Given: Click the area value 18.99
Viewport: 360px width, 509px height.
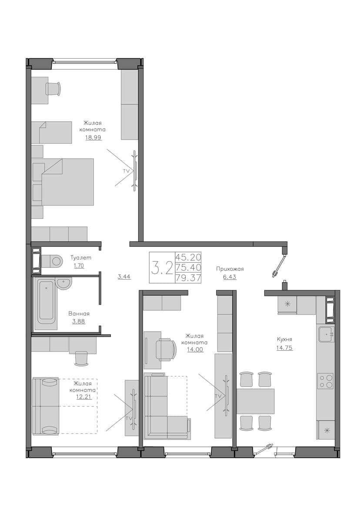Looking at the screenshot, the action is [x=93, y=137].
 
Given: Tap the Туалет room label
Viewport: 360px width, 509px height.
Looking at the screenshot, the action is [x=81, y=258].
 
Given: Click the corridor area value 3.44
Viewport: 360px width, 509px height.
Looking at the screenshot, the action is [x=124, y=277].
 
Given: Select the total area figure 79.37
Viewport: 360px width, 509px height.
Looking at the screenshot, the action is [x=188, y=278].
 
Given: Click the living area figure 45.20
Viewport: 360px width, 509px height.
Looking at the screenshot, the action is [x=188, y=257].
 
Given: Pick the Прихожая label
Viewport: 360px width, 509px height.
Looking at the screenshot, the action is [x=230, y=269].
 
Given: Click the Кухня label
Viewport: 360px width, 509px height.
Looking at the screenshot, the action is [x=284, y=339].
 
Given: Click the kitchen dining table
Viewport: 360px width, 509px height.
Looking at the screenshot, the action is [x=256, y=401].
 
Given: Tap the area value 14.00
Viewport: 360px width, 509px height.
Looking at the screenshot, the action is [x=195, y=349].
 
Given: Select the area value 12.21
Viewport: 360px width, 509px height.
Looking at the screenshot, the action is [x=84, y=397].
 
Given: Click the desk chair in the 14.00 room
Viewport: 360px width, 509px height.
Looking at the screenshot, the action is [x=166, y=349].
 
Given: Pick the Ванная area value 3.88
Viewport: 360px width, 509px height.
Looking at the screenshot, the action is [x=79, y=321].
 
